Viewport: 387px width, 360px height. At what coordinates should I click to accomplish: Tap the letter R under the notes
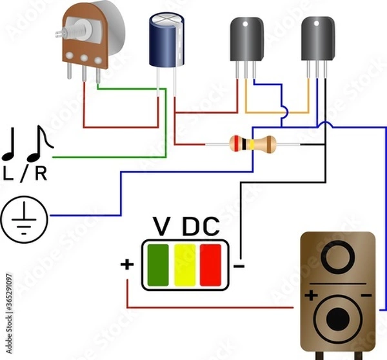tap(41, 173)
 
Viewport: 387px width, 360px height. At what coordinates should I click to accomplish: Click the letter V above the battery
tap(161, 227)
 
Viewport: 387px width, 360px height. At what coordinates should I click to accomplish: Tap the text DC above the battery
tap(201, 227)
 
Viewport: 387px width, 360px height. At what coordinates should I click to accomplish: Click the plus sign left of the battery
tap(126, 264)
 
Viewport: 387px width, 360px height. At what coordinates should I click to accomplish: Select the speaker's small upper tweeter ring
tap(338, 258)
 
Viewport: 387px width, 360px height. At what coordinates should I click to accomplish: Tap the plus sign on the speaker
tap(312, 295)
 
